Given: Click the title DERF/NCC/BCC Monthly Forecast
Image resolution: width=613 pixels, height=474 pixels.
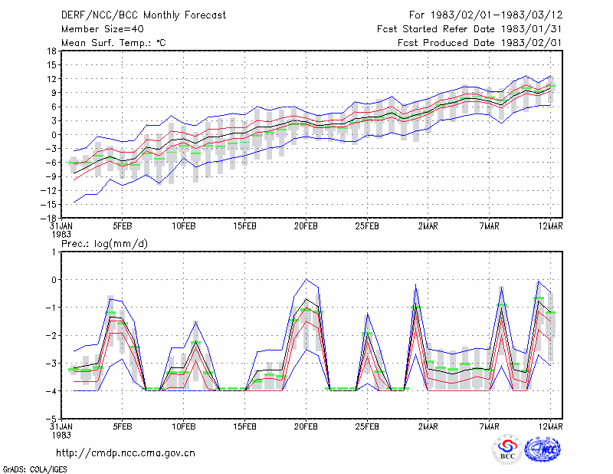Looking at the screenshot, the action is pos(143,15).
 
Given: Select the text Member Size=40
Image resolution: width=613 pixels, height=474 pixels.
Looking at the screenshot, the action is pos(103,29).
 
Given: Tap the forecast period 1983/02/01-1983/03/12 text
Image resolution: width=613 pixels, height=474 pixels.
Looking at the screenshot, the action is pos(486,15).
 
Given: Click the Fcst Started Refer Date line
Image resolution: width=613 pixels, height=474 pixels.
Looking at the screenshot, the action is pos(470,29).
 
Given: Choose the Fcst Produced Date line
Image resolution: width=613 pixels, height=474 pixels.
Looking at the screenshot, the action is pos(480,43).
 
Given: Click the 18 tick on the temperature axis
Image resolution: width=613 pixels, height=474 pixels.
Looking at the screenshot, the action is pos(51,51).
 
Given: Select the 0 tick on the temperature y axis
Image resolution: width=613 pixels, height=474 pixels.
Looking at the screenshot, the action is pos(54,135).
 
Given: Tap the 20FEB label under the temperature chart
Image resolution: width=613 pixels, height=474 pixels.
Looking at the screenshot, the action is pos(306,225).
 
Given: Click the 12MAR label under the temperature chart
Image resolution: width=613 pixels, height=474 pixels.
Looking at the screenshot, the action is pos(550,225).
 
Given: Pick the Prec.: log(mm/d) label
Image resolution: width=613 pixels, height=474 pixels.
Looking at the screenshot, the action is pos(104,244).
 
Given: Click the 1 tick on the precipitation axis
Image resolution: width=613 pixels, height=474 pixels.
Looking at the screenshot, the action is pos(54,252).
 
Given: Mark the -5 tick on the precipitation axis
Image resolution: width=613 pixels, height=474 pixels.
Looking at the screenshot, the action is pos(51,419).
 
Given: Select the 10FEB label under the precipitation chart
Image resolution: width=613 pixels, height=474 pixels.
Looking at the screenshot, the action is pos(183,426).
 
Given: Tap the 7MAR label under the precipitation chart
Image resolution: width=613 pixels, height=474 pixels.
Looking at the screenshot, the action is pos(490,426).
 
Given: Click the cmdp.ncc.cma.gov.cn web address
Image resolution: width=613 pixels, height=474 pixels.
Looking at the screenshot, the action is pos(126,453).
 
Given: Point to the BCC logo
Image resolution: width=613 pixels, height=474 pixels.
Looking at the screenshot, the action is pos(507,450).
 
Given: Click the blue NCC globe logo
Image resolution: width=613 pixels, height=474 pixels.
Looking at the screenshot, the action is pos(543,449).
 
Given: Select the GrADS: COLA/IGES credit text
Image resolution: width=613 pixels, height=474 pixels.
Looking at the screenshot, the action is pos(34,469).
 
